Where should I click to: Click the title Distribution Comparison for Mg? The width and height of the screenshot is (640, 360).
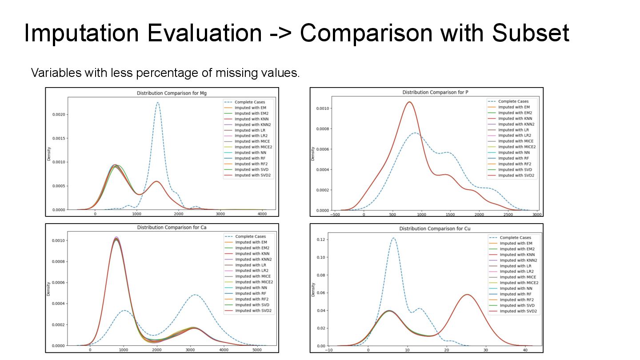(x=172, y=93)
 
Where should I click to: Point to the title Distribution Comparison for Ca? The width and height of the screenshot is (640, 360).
(x=172, y=228)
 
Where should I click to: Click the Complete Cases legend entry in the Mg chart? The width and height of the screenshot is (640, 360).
(x=250, y=102)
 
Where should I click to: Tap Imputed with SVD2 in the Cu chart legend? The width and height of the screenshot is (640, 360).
(x=519, y=311)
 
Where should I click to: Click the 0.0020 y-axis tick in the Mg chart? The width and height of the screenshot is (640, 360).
(x=58, y=114)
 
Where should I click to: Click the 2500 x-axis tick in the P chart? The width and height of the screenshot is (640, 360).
(x=508, y=214)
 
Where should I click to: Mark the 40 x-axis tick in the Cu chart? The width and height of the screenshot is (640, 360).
(x=526, y=350)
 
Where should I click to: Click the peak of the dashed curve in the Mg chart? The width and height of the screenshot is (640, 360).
(x=157, y=103)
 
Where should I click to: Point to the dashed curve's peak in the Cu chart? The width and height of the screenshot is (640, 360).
(x=394, y=238)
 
